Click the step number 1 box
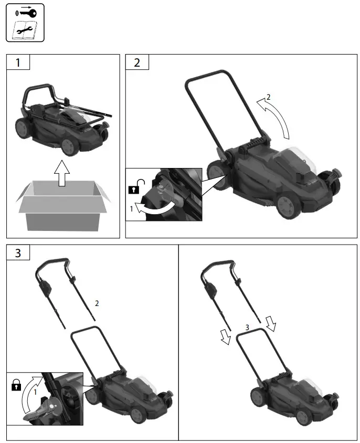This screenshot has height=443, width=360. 18,63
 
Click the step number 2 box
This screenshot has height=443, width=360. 137,63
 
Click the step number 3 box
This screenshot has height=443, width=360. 18,253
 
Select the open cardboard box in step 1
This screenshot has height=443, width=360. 62,204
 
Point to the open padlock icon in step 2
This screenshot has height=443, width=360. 136,186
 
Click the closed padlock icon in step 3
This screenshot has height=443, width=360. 16,386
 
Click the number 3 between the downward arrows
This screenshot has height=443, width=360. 247,328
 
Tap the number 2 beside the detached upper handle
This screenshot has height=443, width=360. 97,303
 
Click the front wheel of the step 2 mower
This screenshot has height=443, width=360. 288,206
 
